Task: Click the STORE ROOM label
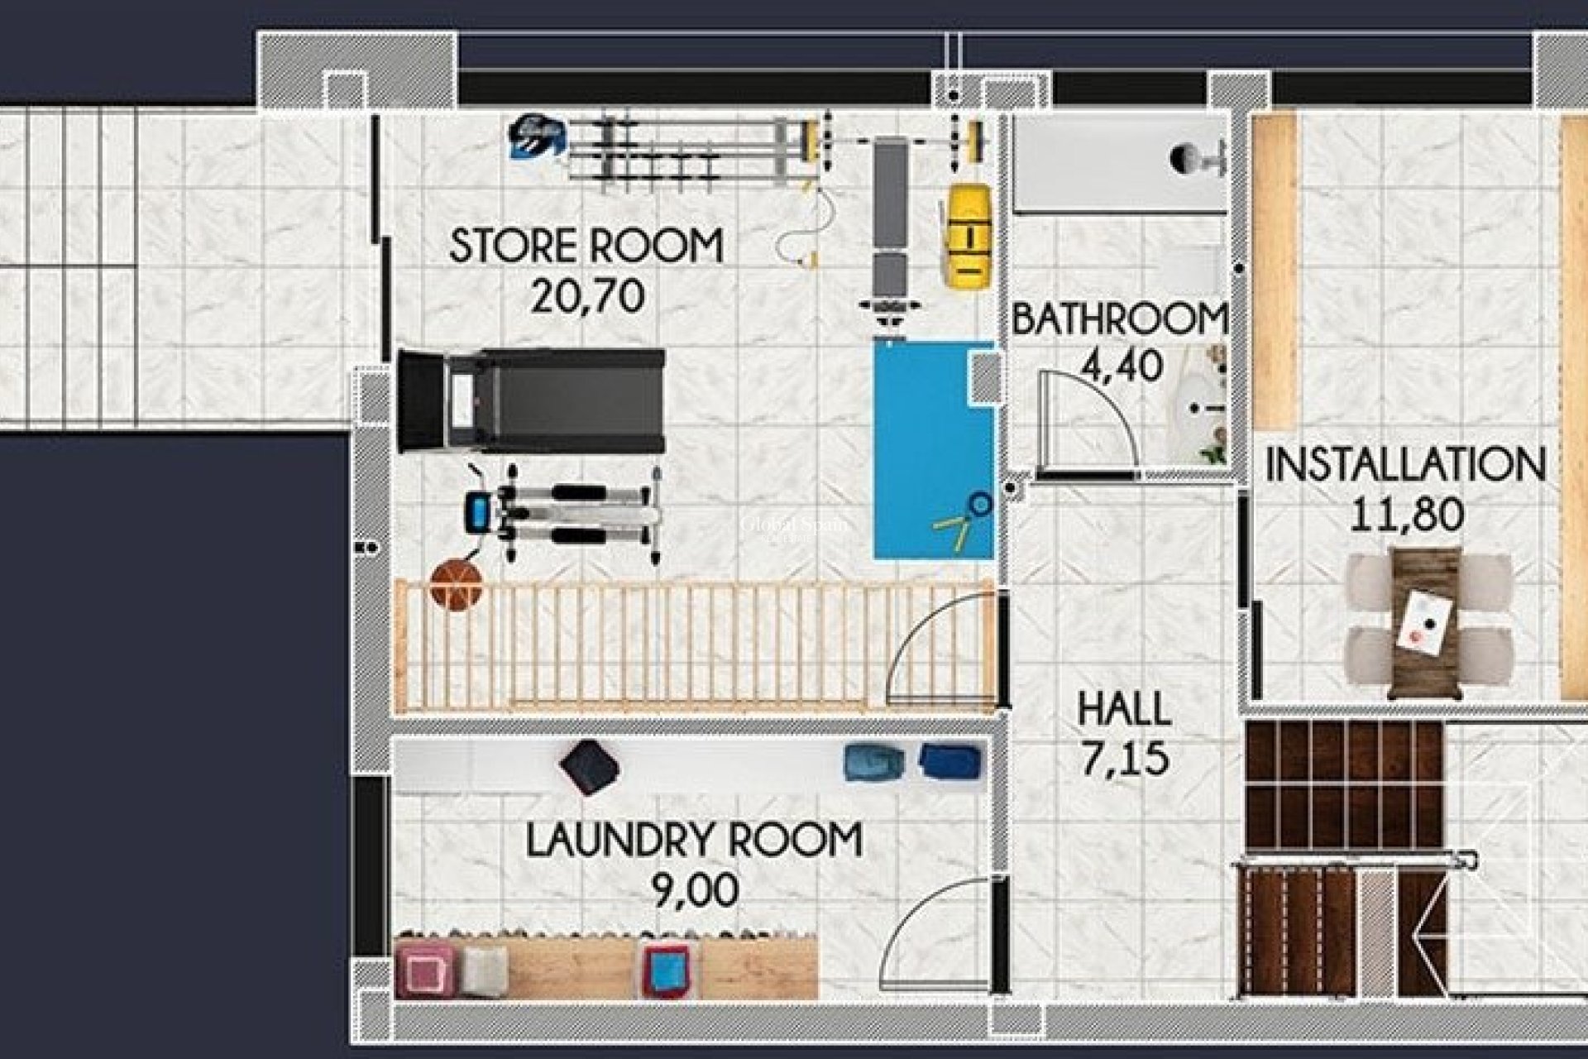(586, 246)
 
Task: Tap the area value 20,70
(587, 295)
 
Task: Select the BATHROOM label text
(1119, 320)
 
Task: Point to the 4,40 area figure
(1122, 365)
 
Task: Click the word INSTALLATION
(1405, 465)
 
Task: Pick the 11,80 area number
(1407, 515)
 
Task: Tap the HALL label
(1124, 709)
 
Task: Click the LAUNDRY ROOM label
(694, 840)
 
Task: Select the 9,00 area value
(695, 891)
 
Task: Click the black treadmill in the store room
(531, 400)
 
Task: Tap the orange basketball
(456, 585)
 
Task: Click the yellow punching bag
(968, 236)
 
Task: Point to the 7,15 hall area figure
(1125, 760)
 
